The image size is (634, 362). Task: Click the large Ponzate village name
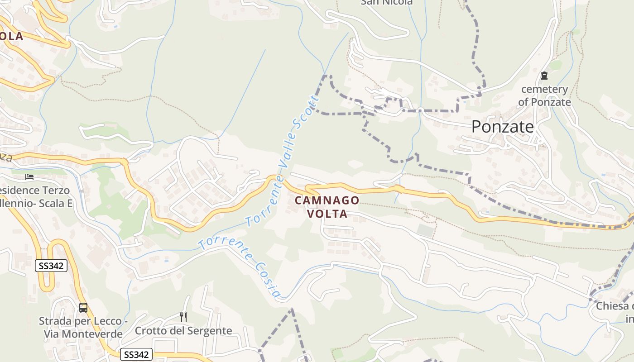(x=503, y=127)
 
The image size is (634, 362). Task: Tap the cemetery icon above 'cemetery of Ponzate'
(x=544, y=76)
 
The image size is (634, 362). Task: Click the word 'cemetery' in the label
(x=544, y=89)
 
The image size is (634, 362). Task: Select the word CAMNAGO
(x=327, y=200)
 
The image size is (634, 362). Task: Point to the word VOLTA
(x=327, y=214)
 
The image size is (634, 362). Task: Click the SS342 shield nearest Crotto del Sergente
(x=136, y=355)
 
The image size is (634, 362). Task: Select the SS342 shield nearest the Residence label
(x=51, y=266)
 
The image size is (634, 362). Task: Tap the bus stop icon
(x=83, y=308)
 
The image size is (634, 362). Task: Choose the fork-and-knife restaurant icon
(x=183, y=317)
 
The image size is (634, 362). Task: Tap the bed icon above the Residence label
(x=29, y=177)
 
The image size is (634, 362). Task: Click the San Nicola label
(x=387, y=2)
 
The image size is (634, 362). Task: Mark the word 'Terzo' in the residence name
(x=57, y=190)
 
